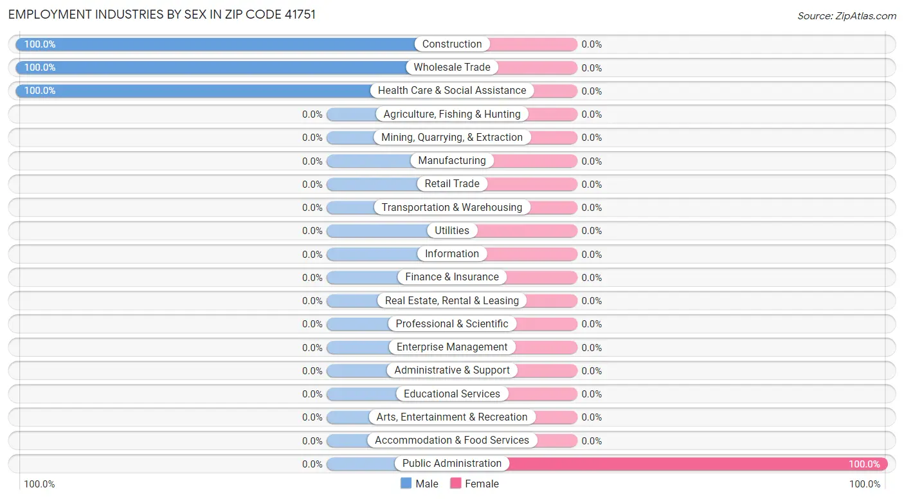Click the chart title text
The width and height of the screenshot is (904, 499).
point(161,15)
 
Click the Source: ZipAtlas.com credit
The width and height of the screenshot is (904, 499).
point(847,16)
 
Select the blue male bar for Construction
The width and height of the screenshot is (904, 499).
point(219,44)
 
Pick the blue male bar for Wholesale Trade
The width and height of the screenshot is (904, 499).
point(212,68)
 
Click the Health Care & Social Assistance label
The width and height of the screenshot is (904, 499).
point(452,91)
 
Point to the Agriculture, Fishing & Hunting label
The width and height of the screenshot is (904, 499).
point(452,114)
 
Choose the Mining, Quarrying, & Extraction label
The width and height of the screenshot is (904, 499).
point(452,138)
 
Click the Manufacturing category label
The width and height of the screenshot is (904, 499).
point(452,161)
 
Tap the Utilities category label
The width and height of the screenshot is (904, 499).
point(452,230)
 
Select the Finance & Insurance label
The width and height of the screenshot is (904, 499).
point(452,277)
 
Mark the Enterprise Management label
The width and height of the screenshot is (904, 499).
point(452,347)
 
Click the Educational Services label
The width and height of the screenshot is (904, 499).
point(452,394)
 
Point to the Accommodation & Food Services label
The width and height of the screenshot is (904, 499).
point(452,440)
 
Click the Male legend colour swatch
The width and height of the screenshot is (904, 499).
point(406,484)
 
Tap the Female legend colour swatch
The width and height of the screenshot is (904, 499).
point(456,484)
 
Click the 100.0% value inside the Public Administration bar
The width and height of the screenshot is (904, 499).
point(864,464)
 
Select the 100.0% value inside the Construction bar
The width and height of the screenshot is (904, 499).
point(40,44)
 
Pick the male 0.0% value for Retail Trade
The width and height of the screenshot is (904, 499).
point(312,185)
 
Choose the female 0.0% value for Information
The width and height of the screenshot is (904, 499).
point(592,254)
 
